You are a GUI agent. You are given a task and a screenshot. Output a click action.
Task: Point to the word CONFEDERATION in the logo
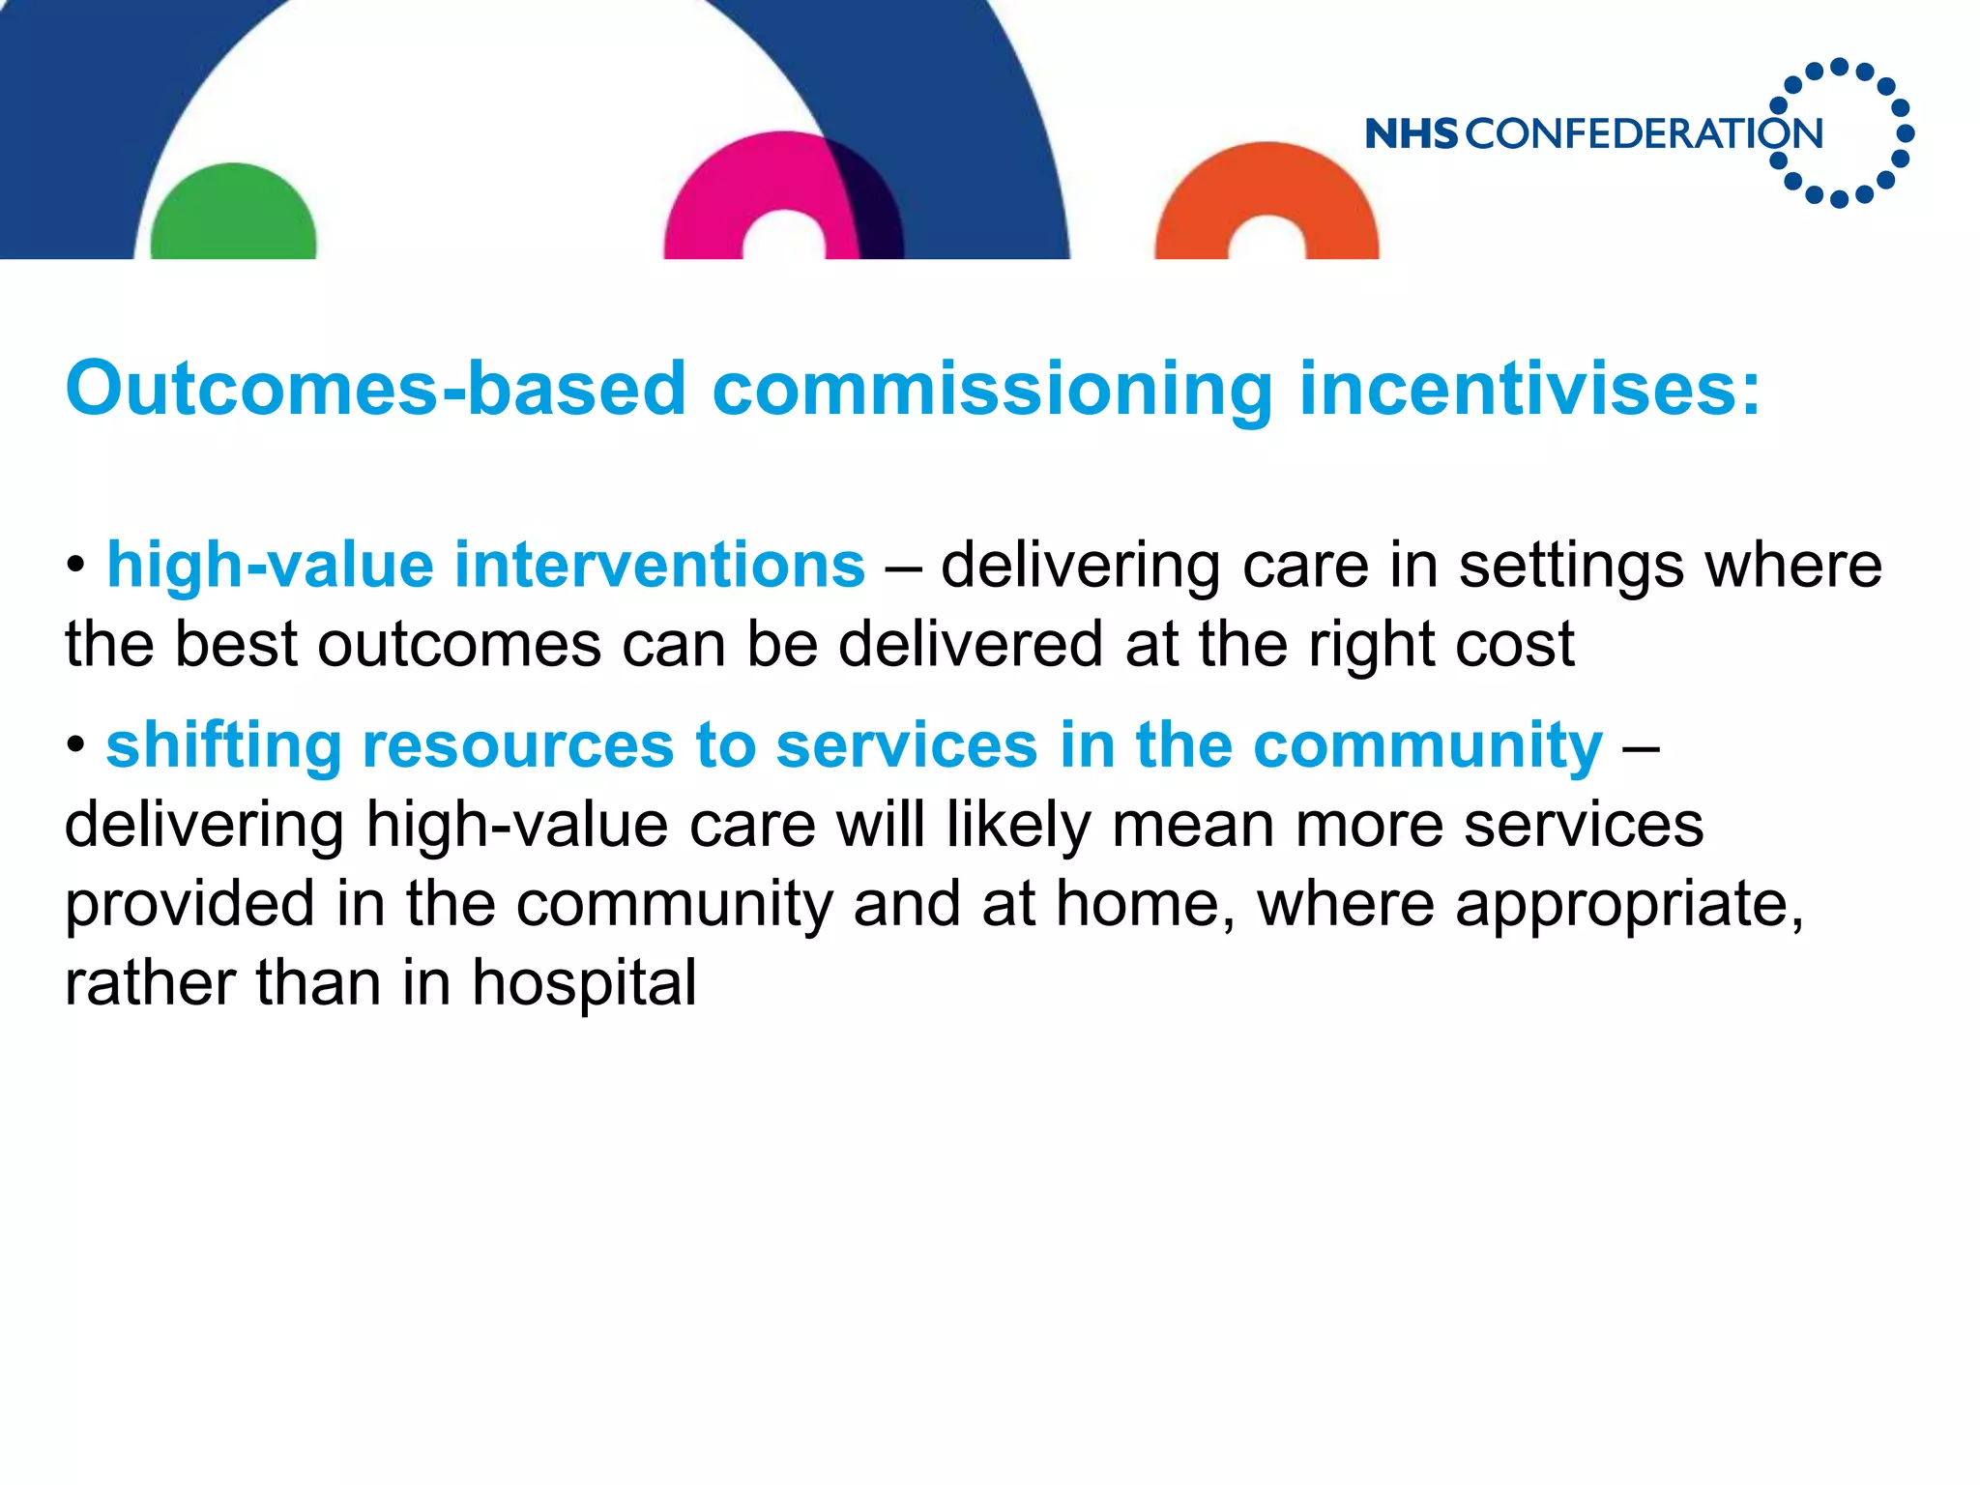[1644, 133]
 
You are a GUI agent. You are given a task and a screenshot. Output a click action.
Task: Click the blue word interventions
[659, 565]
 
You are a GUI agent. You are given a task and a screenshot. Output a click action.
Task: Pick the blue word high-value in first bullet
[270, 567]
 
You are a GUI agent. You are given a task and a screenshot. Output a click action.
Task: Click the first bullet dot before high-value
[76, 566]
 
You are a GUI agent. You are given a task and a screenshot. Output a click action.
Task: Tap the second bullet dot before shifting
[76, 745]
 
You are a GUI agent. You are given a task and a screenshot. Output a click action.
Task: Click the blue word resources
[517, 745]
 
